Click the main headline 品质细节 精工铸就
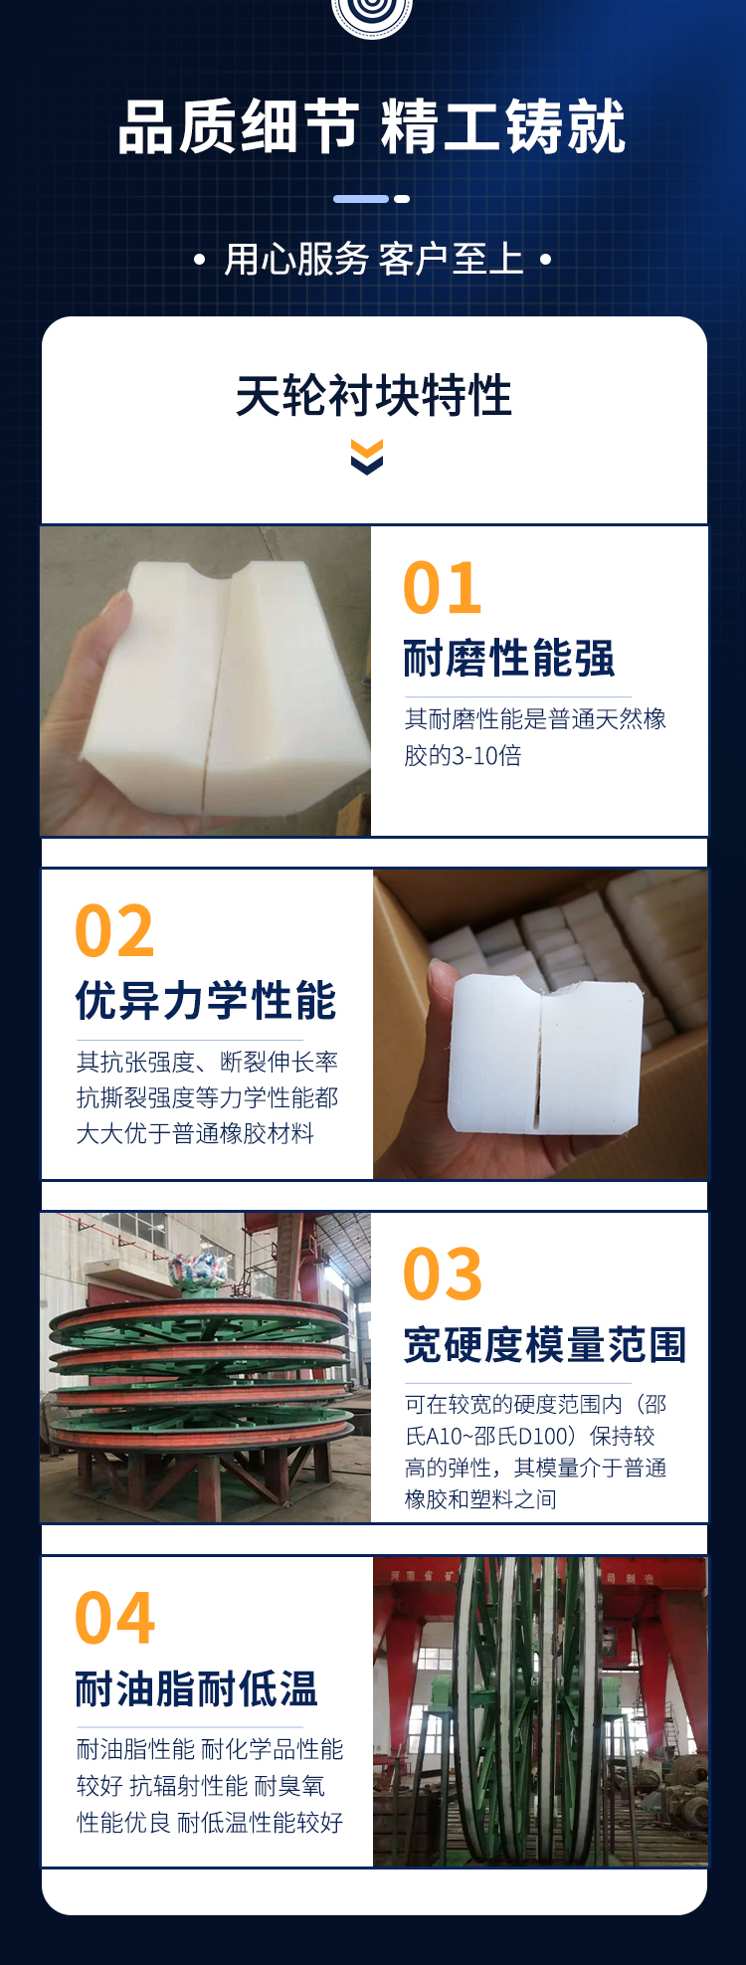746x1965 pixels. coord(372,127)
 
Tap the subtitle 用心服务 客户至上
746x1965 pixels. coord(373,260)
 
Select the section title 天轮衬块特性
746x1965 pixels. coord(373,396)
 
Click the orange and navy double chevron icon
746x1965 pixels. coord(367,458)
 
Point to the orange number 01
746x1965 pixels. coord(443,588)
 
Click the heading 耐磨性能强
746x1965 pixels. coord(509,659)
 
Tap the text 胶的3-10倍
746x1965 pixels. coord(463,755)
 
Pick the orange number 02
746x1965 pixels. coord(114,931)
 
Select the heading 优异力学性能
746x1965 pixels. coord(206,1001)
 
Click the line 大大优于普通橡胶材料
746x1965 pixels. coord(195,1133)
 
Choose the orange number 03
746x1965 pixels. coord(443,1275)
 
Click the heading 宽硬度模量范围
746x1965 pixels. coord(545,1345)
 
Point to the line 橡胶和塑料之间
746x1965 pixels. coord(480,1499)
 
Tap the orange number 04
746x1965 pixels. coord(114,1619)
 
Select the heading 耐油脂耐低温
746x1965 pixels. coord(196,1688)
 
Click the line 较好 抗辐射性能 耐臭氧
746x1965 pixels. coord(201,1786)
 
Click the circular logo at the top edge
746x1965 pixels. coord(372,14)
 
